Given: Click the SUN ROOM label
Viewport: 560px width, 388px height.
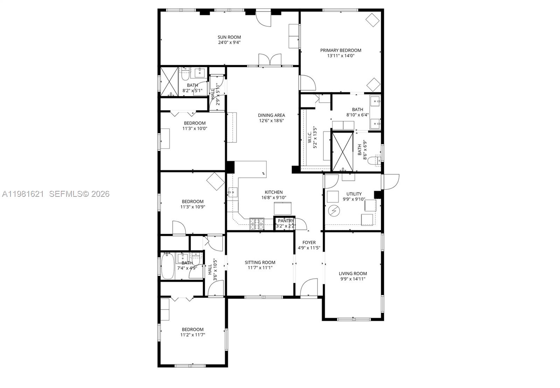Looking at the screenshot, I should click(x=229, y=37).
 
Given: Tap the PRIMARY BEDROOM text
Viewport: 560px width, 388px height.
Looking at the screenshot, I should click(x=341, y=50).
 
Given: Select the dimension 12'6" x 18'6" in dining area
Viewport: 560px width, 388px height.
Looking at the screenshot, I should click(x=271, y=120).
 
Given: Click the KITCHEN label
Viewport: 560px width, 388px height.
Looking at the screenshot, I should click(x=273, y=192).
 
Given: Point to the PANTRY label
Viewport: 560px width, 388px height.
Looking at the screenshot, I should click(x=286, y=221).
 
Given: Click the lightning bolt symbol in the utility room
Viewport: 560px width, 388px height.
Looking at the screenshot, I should click(x=334, y=210).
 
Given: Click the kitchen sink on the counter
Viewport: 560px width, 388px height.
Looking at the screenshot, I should click(x=232, y=192).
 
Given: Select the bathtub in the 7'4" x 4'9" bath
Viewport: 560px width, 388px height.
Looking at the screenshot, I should click(x=167, y=266).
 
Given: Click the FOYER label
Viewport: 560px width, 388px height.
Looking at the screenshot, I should click(x=309, y=242).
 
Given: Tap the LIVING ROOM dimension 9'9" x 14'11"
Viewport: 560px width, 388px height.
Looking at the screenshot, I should click(x=353, y=279).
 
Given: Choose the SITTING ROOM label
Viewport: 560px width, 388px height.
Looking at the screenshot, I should click(x=260, y=262).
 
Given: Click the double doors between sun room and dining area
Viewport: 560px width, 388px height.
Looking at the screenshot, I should click(x=270, y=60).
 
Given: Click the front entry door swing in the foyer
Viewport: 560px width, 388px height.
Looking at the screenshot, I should click(x=309, y=287).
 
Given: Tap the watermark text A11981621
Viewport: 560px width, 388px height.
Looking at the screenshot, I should click(x=23, y=194).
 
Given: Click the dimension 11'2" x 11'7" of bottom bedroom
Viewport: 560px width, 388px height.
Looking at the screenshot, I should click(x=192, y=335).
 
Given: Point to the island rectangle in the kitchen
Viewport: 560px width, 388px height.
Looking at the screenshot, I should click(x=282, y=209).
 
